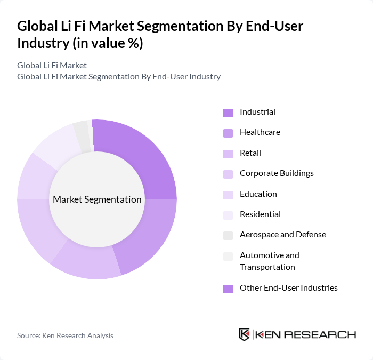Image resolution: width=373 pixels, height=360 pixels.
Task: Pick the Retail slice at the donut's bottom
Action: pos(88,261)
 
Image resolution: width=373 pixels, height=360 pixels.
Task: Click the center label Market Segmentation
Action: pos(97,199)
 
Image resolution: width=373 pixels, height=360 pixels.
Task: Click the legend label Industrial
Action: pos(257,112)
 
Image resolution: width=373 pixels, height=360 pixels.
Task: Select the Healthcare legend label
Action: pos(260,132)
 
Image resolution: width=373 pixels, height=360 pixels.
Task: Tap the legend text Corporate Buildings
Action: pos(277,173)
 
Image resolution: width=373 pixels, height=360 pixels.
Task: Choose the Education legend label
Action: pos(258,194)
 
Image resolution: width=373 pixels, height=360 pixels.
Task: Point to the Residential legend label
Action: pos(260,214)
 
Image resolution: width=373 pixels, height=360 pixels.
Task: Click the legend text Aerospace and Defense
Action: pos(282,235)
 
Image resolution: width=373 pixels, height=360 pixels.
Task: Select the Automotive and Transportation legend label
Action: pos(269,261)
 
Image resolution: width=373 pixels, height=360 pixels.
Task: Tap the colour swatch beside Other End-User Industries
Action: pos(228,289)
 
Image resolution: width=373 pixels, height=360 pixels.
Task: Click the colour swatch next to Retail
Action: pos(228,154)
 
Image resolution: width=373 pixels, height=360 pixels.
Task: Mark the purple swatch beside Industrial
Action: pos(228,113)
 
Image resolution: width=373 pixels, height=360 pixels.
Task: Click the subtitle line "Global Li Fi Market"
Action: pos(52,65)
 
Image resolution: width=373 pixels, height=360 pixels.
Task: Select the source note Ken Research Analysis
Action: pos(65,335)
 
